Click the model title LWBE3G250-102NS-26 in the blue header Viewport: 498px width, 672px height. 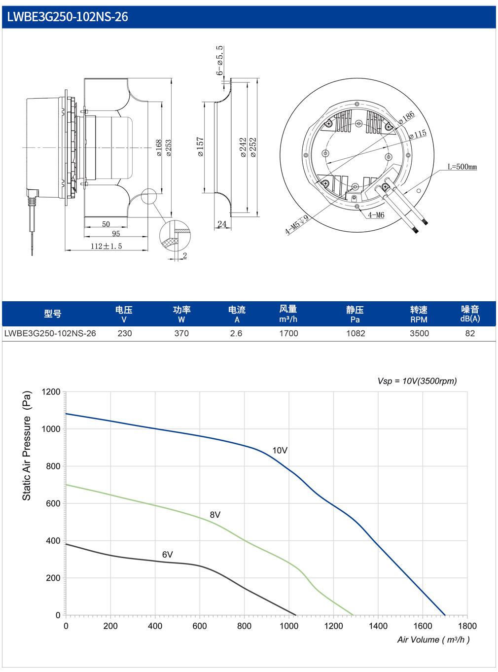point(67,17)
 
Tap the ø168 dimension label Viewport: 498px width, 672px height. point(159,147)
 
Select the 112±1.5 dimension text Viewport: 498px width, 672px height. point(106,246)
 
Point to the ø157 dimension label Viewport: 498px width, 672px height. point(200,146)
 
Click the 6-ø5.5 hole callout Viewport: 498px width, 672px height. point(219,60)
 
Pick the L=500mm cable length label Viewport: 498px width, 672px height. point(462,167)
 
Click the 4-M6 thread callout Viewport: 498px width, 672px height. point(376,215)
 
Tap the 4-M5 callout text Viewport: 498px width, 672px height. point(297,225)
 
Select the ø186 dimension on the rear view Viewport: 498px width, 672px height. point(406,117)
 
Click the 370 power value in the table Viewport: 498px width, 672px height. point(181,333)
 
